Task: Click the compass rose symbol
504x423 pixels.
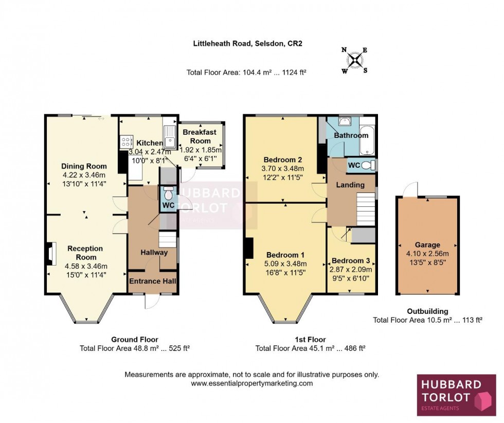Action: [354, 60]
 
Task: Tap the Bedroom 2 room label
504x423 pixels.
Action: [281, 159]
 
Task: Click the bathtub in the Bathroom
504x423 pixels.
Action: [368, 139]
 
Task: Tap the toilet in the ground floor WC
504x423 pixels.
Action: [167, 195]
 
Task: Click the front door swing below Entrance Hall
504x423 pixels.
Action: [150, 302]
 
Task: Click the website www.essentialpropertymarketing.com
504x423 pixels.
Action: [252, 383]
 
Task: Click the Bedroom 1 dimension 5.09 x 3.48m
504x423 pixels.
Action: [285, 264]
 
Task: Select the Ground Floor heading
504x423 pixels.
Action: [135, 339]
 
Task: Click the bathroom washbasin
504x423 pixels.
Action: [343, 121]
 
